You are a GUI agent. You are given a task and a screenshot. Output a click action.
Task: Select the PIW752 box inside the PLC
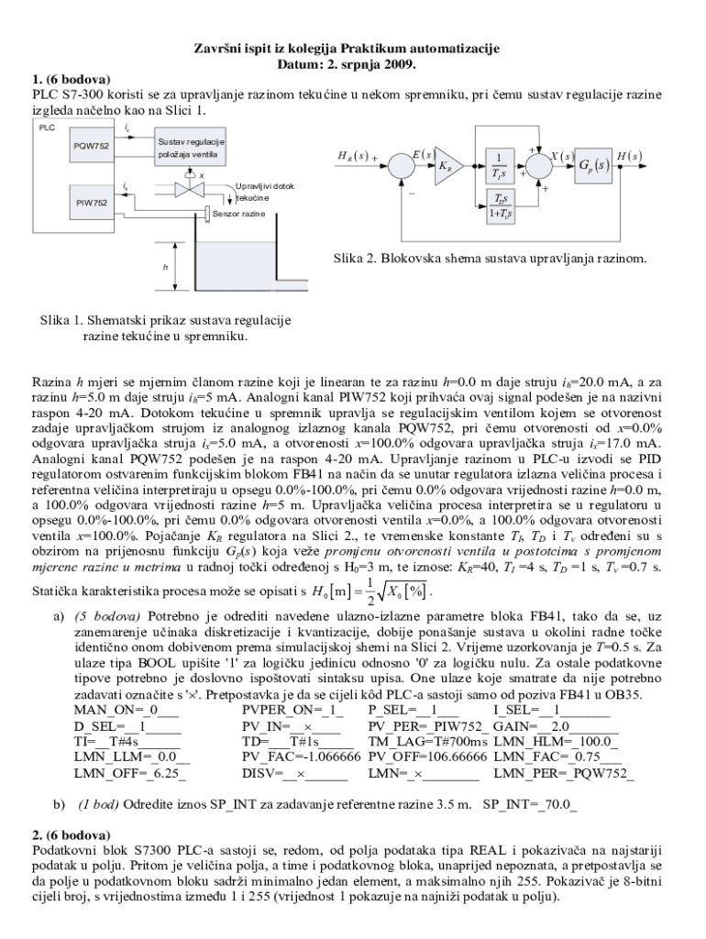[x=91, y=202]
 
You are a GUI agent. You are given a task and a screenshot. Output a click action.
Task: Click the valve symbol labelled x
[x=190, y=190]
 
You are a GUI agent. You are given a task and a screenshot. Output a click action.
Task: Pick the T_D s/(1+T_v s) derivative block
[x=500, y=207]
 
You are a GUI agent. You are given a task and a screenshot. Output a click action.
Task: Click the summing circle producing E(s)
[x=400, y=166]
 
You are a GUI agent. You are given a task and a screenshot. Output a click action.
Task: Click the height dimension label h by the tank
[x=166, y=267]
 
